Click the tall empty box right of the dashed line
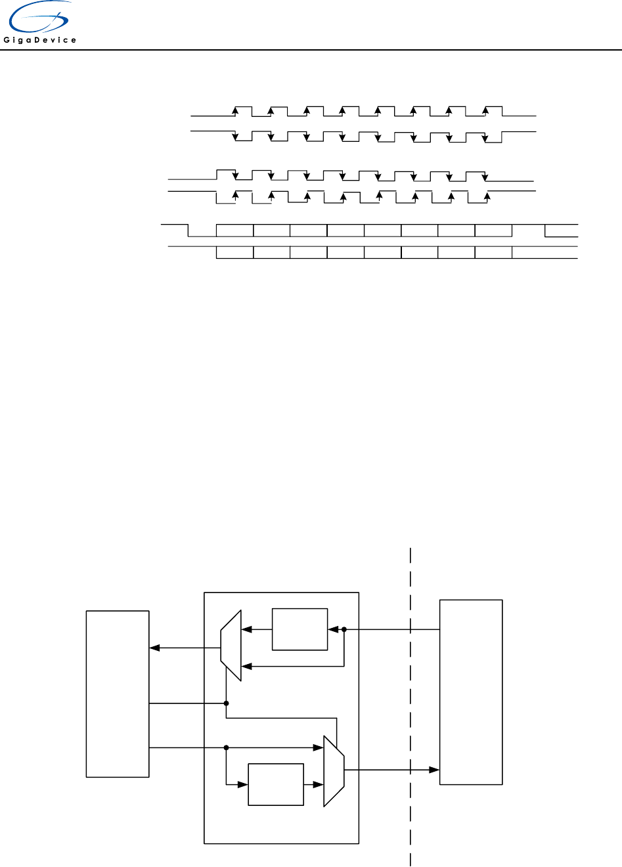(x=471, y=692)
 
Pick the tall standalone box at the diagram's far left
(x=118, y=694)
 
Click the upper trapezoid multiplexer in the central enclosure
(x=231, y=646)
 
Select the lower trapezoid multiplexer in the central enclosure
(x=334, y=771)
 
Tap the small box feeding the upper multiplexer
(x=300, y=629)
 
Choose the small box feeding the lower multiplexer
(x=276, y=784)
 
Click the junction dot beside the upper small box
(x=344, y=629)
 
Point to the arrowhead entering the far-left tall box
(x=154, y=648)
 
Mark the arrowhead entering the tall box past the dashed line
(x=435, y=769)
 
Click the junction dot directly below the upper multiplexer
(x=226, y=703)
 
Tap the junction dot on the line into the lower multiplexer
(x=226, y=747)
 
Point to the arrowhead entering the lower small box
(x=244, y=784)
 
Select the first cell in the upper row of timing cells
(x=234, y=231)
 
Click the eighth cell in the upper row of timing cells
(x=493, y=231)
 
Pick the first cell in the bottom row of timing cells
(x=234, y=253)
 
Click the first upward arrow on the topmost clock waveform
(x=235, y=110)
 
